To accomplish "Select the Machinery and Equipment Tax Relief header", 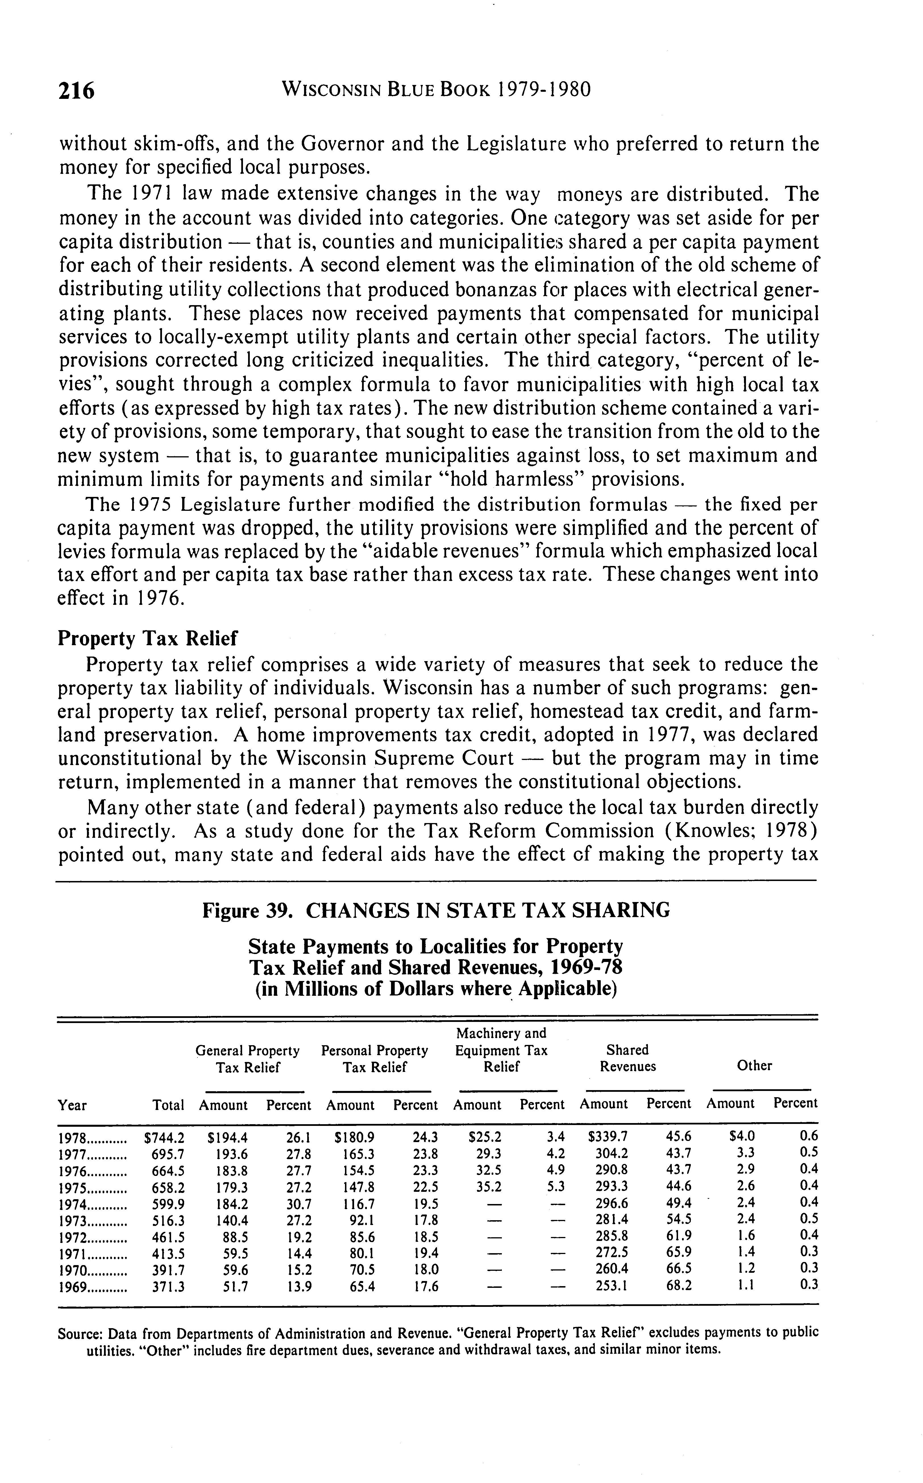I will tap(501, 1050).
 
